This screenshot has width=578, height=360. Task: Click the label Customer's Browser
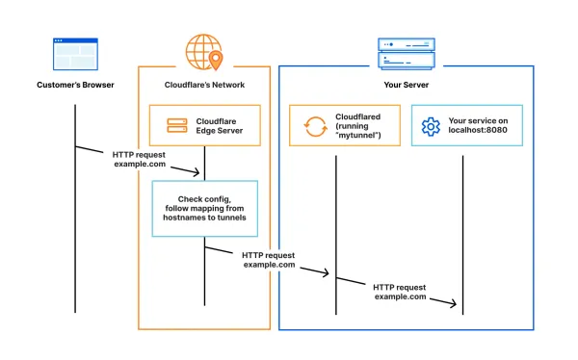(x=75, y=85)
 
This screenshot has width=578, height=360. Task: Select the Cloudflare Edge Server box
(x=204, y=125)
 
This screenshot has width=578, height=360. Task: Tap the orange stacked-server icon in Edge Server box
(x=176, y=125)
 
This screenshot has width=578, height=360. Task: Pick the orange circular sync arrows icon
(x=314, y=125)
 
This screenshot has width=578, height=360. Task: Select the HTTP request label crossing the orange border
(x=269, y=260)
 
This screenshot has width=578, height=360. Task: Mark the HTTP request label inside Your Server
(x=400, y=292)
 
